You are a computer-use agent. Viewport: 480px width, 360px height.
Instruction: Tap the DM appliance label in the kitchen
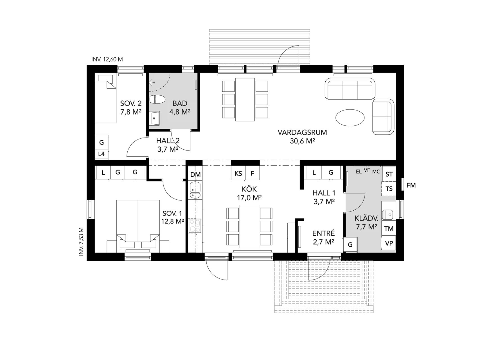point(195,175)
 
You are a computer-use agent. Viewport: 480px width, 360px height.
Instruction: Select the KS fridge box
point(238,173)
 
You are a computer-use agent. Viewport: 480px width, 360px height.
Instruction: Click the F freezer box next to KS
point(253,173)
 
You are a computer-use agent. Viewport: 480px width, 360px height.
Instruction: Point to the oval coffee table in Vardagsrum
point(350,117)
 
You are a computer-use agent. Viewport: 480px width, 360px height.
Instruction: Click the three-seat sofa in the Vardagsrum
point(350,89)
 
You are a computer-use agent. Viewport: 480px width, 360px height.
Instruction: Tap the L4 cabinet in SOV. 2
point(101,154)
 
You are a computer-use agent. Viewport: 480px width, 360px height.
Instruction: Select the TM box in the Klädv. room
point(389,228)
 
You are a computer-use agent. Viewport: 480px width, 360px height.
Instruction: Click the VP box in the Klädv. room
point(389,243)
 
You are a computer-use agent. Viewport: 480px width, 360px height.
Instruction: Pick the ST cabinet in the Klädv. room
point(389,174)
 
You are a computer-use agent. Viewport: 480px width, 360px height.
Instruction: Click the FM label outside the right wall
point(411,185)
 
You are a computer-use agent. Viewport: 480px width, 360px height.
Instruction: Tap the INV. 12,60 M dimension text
point(107,60)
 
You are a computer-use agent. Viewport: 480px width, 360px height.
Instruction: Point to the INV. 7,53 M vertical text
point(82,241)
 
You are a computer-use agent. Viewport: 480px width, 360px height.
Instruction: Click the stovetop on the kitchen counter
point(195,226)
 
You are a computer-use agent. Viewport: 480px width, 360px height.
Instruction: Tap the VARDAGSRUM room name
point(302,132)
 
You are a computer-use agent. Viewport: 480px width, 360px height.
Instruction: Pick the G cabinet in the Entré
point(350,244)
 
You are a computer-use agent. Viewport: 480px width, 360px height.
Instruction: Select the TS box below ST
point(389,188)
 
